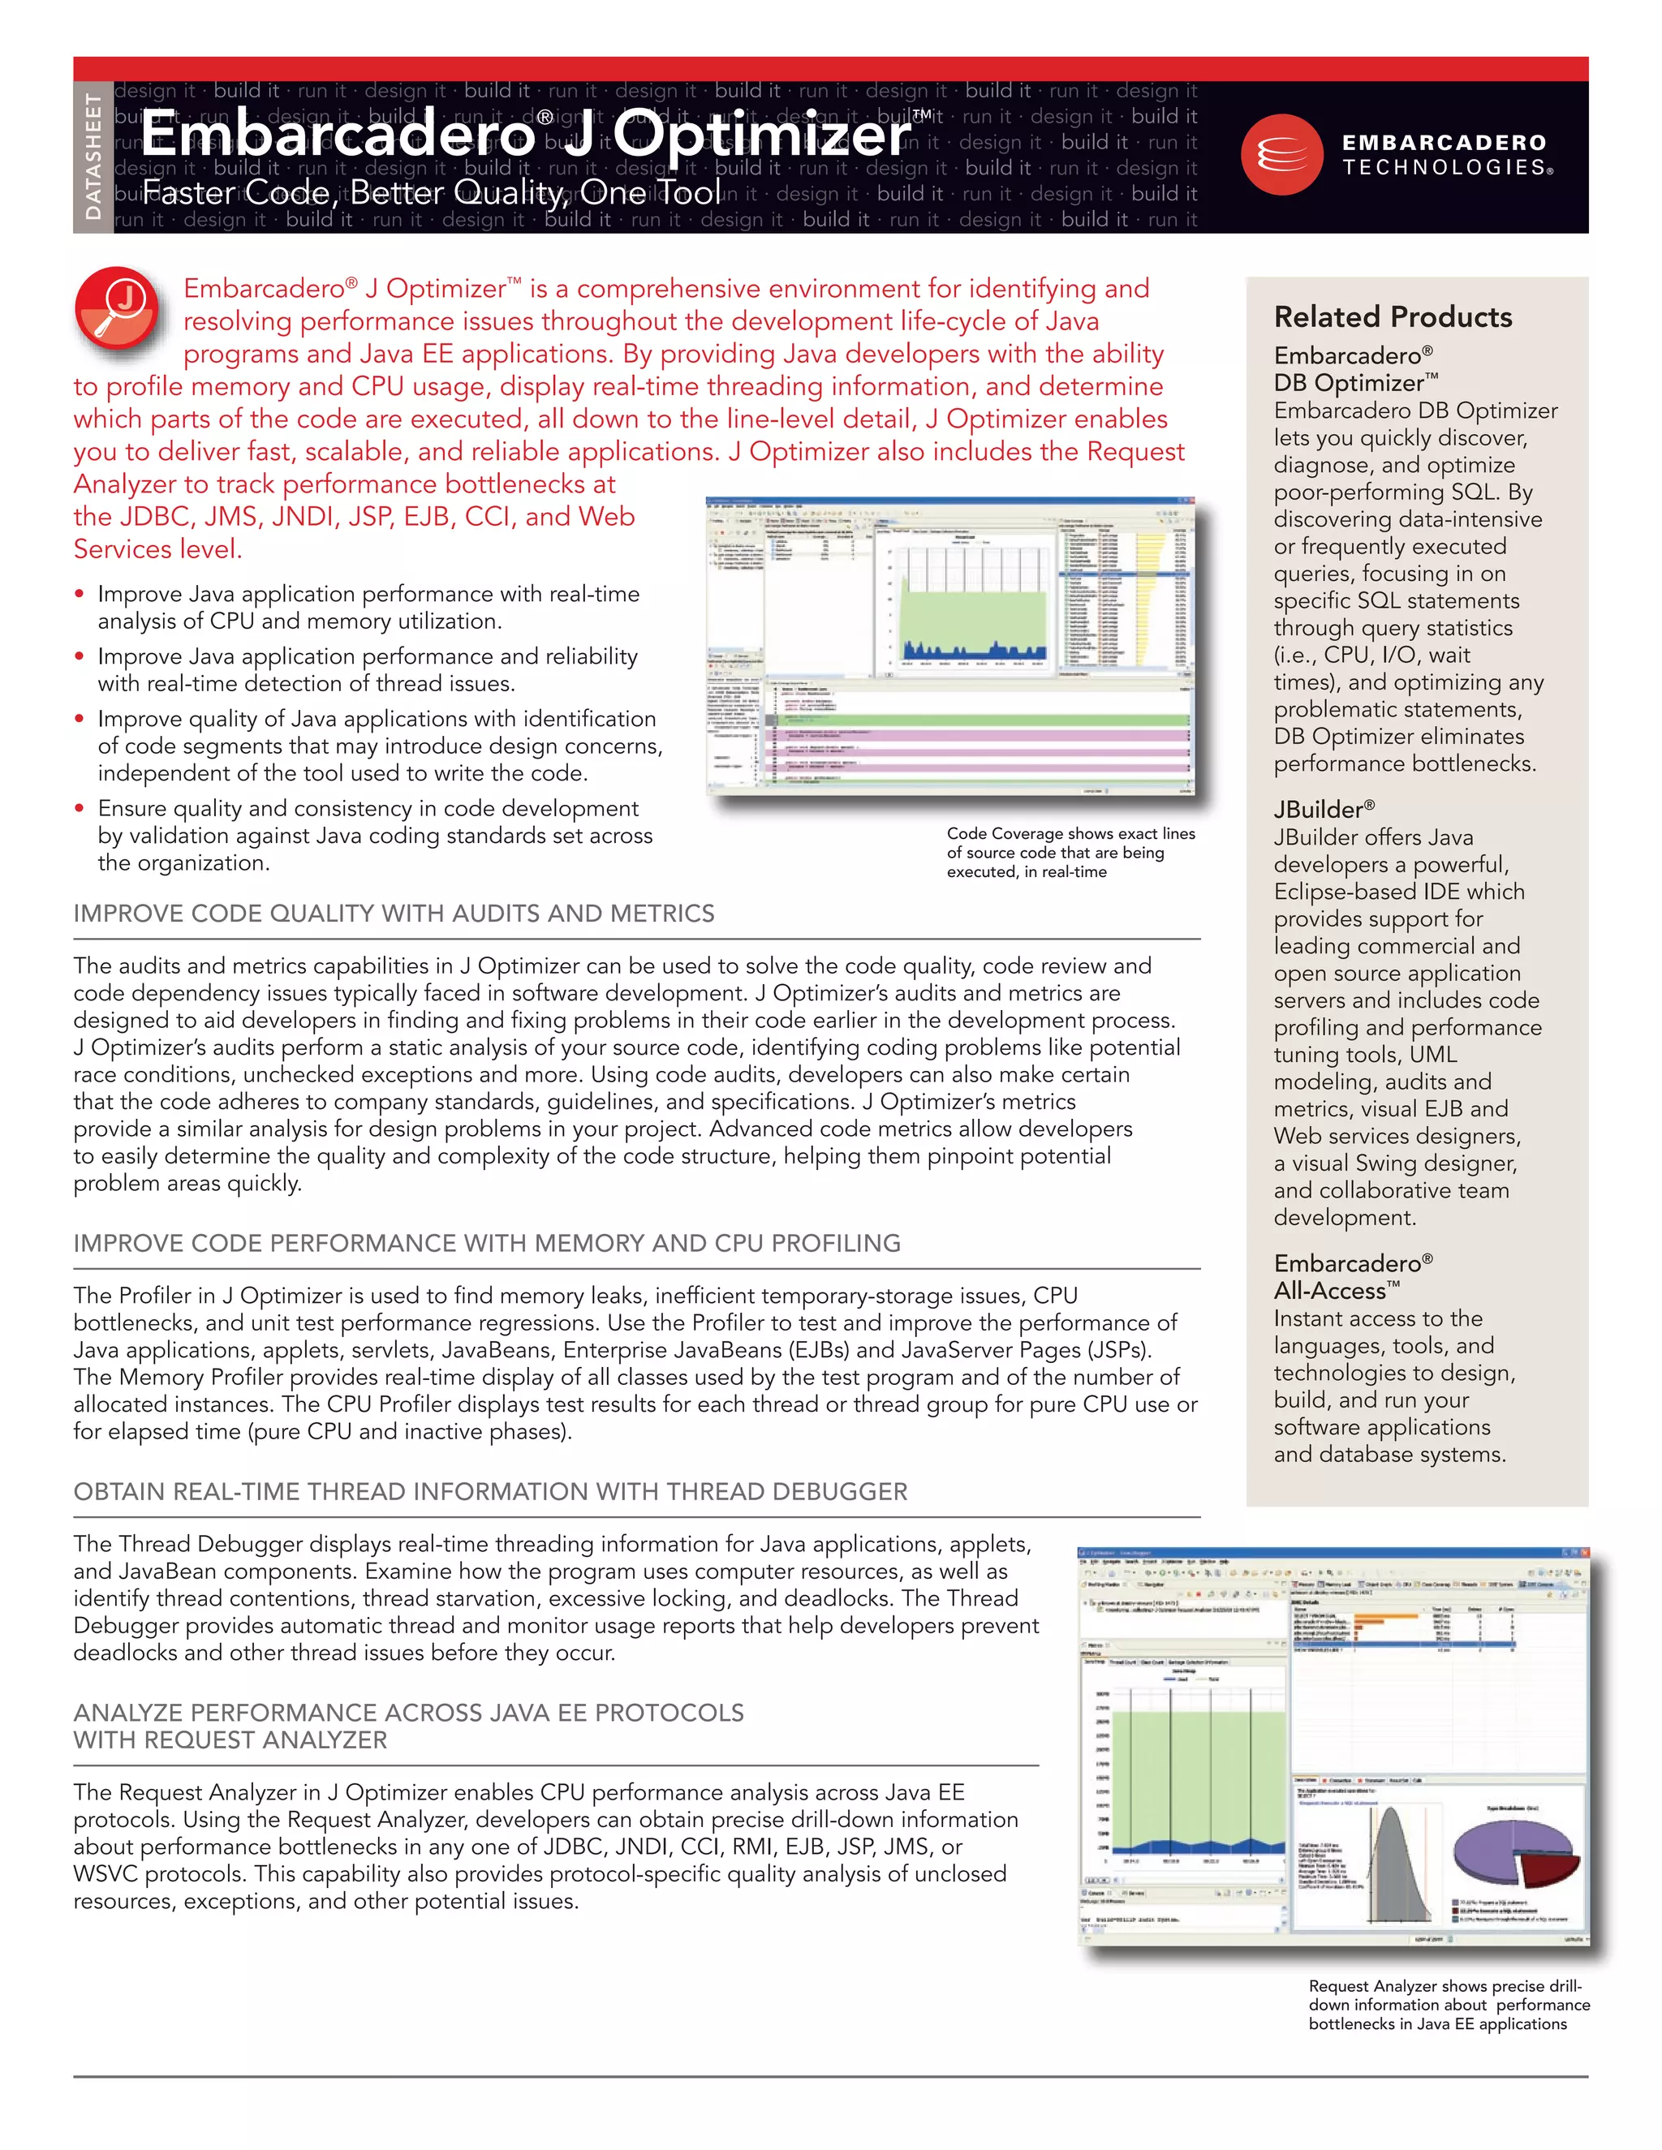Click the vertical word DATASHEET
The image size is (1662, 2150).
tap(93, 157)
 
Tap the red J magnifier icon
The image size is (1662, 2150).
tap(117, 308)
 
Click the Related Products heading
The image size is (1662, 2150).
tap(1393, 317)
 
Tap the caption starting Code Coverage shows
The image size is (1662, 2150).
tap(1070, 853)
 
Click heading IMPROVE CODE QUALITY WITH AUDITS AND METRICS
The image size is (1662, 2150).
tap(394, 914)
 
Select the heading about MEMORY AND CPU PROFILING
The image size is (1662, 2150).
tap(486, 1243)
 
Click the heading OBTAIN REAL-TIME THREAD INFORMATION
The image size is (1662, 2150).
tap(490, 1491)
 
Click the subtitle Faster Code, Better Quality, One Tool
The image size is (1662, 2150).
tap(431, 192)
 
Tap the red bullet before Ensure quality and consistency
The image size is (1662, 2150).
tap(79, 808)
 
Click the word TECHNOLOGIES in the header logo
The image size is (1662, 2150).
tap(1445, 167)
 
